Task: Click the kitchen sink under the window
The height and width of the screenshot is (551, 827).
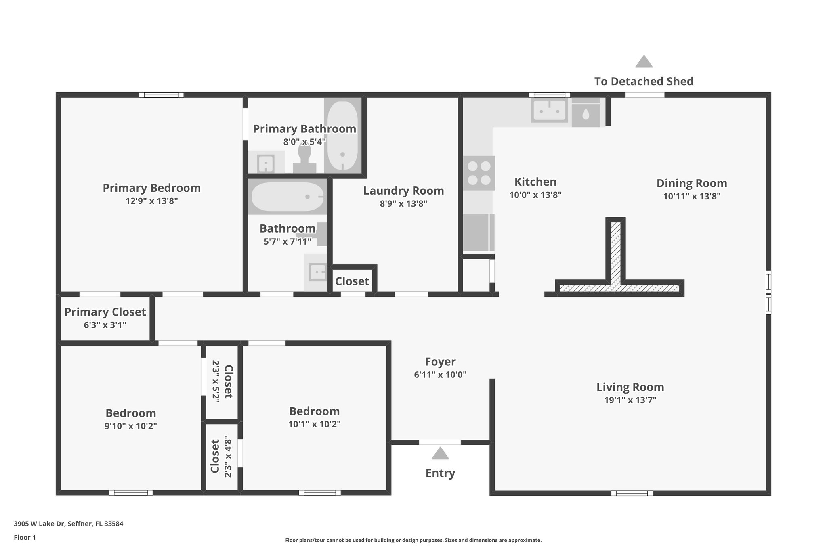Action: click(x=549, y=110)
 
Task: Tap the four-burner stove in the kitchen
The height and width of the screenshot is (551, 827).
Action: click(x=479, y=173)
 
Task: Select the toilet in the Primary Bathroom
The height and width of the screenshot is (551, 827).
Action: click(x=304, y=159)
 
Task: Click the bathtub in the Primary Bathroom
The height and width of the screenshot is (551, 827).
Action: click(x=342, y=135)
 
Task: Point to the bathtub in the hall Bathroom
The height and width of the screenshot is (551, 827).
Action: click(x=288, y=197)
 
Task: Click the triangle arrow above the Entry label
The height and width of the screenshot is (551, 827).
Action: click(x=440, y=454)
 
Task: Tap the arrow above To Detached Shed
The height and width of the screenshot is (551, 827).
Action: click(x=644, y=62)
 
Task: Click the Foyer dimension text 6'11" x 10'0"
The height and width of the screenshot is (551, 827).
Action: click(x=440, y=375)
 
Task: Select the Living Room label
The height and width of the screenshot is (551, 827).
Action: click(x=630, y=387)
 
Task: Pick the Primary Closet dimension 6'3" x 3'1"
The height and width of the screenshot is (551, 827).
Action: click(x=105, y=325)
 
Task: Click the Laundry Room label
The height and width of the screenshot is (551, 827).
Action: click(x=403, y=191)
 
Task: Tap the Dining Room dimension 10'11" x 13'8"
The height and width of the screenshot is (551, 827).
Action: click(x=692, y=197)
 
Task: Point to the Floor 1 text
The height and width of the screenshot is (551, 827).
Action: click(x=25, y=538)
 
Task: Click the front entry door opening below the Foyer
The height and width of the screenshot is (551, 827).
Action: click(x=440, y=442)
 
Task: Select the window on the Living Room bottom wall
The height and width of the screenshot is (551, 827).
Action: click(x=632, y=493)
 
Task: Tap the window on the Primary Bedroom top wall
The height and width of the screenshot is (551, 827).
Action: click(x=162, y=95)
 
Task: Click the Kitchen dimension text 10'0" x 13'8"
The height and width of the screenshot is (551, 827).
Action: click(x=535, y=195)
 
